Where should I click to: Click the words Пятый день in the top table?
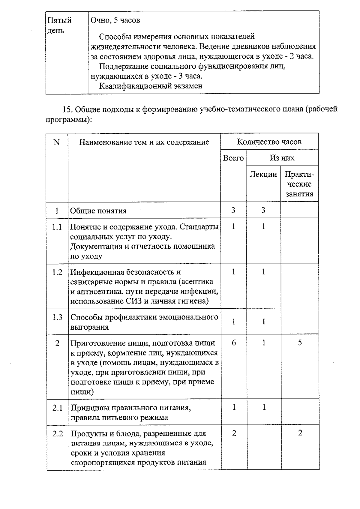(x=59, y=25)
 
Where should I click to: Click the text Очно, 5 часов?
(x=115, y=20)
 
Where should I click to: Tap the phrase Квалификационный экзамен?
(x=151, y=86)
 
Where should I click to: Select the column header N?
(x=57, y=142)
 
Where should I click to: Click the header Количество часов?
(x=269, y=142)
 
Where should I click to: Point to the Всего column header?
(x=233, y=158)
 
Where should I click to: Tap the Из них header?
(x=282, y=158)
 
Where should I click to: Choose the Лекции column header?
(x=263, y=174)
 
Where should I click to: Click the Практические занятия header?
(x=299, y=184)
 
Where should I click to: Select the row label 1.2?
(x=57, y=272)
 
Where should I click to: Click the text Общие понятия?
(x=98, y=211)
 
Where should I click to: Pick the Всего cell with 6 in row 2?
(x=234, y=342)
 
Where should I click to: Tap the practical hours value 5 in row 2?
(x=300, y=343)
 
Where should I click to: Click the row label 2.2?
(x=58, y=433)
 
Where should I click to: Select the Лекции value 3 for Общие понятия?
(x=263, y=210)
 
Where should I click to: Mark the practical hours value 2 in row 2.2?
(x=300, y=433)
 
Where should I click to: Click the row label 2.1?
(x=57, y=408)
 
